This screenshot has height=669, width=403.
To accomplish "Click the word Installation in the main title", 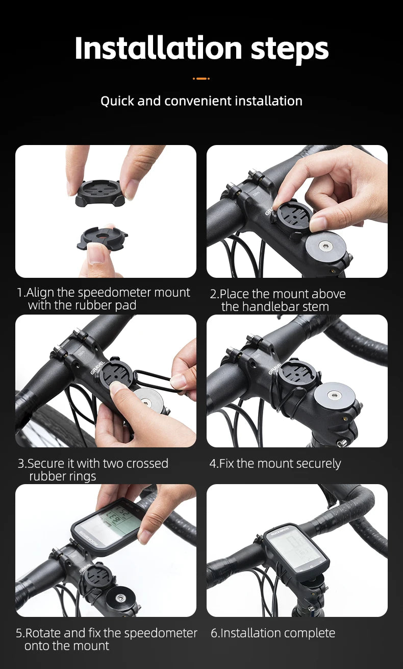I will tap(159, 49).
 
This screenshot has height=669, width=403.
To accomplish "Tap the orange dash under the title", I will tap(202, 79).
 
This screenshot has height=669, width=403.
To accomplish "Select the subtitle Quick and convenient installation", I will tap(202, 101).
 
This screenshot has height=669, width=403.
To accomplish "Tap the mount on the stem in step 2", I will tap(292, 216).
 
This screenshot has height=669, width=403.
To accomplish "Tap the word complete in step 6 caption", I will tap(311, 634).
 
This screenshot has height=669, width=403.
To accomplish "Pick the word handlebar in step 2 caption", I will tap(268, 307).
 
